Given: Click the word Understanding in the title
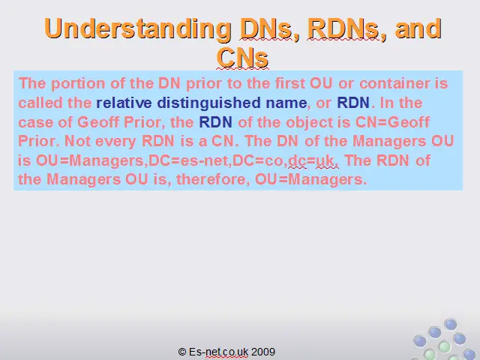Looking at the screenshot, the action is (x=138, y=29).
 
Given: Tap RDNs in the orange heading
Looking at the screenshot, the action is (x=343, y=28).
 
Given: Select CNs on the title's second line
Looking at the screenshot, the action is (x=242, y=57).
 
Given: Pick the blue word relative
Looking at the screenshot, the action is (x=124, y=103).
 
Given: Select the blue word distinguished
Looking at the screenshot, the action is (x=208, y=103).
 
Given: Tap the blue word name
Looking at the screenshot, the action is (x=286, y=103).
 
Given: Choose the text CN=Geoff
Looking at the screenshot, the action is (x=392, y=121).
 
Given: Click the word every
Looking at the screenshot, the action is (x=115, y=142).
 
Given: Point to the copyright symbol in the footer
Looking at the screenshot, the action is (x=182, y=352).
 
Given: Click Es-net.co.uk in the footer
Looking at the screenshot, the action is (x=218, y=352).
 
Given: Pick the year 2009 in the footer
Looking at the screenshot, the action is (x=263, y=352).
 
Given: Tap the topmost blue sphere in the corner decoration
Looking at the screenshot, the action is (x=451, y=324).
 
